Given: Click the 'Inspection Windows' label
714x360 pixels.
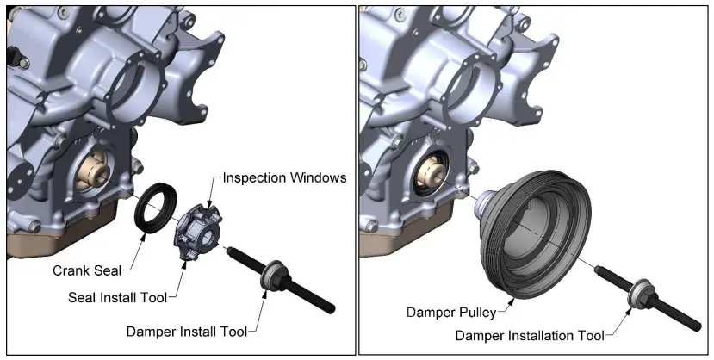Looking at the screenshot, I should pyautogui.click(x=284, y=178).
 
